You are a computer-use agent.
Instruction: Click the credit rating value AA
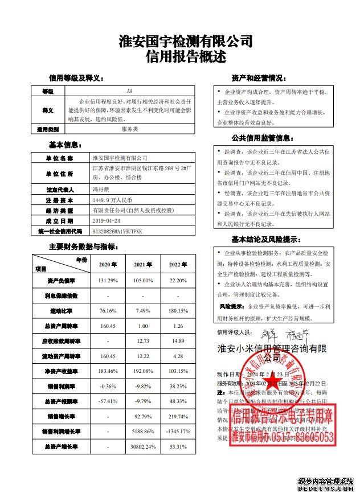click(130, 91)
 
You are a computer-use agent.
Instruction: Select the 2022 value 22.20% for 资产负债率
click(178, 281)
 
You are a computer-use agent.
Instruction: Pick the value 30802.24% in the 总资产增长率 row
click(144, 447)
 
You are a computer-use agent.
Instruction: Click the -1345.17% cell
click(178, 432)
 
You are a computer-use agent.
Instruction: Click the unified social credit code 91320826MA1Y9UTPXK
click(117, 232)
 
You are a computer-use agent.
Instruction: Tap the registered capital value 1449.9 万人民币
click(112, 200)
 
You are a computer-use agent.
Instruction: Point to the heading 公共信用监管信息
click(263, 137)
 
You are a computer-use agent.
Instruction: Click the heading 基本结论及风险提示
click(265, 239)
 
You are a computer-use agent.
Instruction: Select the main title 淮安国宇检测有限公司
click(186, 42)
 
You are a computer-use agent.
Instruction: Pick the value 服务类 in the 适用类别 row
click(130, 129)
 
